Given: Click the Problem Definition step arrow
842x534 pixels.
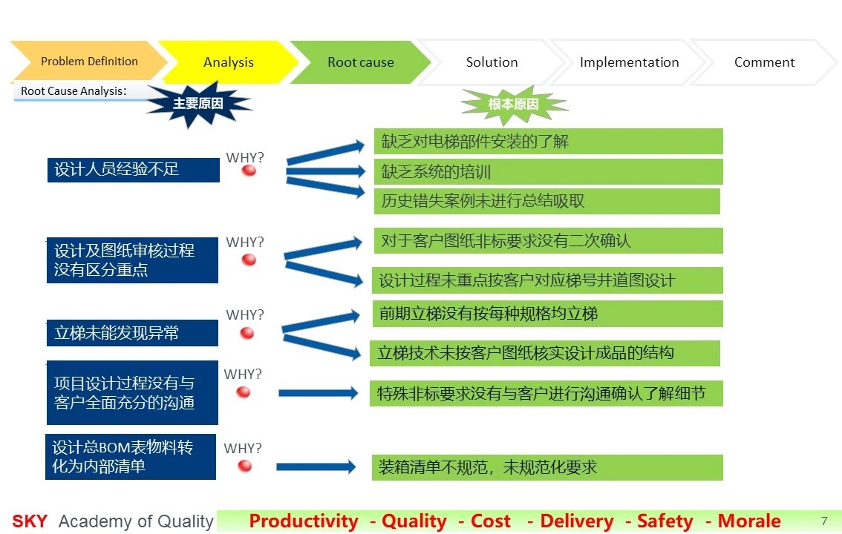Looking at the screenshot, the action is tap(88, 61).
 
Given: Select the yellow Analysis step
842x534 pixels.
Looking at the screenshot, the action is tap(228, 62).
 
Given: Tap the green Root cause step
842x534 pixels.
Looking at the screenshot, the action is tap(360, 62).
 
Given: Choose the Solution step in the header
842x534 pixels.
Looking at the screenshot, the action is tap(492, 62).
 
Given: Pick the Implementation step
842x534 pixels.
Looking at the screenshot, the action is tap(629, 62).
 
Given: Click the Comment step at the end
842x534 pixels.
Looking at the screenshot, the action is tap(763, 62).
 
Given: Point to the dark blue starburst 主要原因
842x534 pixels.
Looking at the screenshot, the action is tap(198, 104).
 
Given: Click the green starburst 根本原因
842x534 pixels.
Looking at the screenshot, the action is tap(513, 104).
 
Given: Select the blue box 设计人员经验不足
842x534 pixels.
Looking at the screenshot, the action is tap(133, 170).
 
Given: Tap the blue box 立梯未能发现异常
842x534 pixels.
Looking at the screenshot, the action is tap(133, 333).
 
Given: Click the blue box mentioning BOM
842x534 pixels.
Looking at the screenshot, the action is tap(131, 457).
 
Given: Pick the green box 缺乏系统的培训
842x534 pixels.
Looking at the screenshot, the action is tap(548, 171).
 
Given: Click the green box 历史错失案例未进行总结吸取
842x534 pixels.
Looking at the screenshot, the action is tap(546, 201).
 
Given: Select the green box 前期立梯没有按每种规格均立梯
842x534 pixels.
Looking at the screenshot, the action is tap(547, 314).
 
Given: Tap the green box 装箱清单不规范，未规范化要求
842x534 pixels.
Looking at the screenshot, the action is tap(547, 467).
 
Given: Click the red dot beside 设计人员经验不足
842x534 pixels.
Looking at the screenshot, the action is tap(249, 171).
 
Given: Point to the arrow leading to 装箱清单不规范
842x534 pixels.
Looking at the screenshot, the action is tap(316, 467).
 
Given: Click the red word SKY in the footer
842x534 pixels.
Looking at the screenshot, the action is tap(30, 521).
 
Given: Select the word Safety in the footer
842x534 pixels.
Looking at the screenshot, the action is tap(665, 521).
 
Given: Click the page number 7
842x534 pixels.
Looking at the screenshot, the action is tap(824, 521).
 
